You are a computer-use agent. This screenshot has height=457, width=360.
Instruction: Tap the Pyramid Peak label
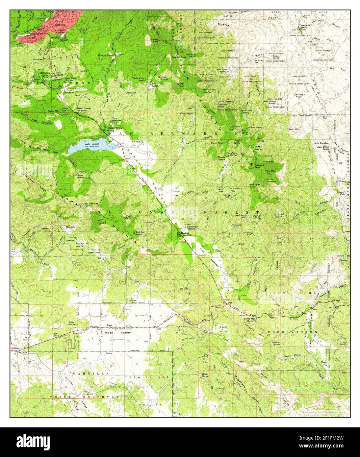click(259, 166)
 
